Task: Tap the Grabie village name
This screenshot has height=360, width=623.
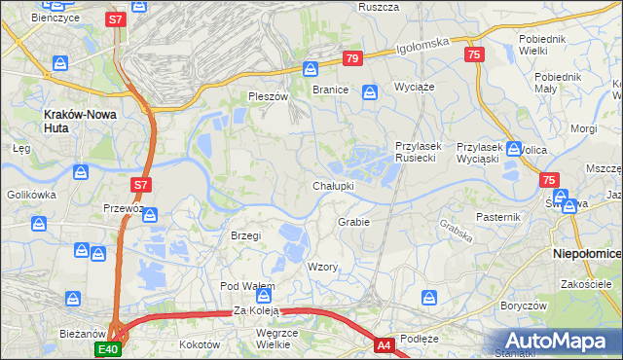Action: pos(353,222)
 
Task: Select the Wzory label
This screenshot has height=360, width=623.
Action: pos(322,267)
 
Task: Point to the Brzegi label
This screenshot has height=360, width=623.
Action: pos(245,236)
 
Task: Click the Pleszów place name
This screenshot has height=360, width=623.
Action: pos(269,97)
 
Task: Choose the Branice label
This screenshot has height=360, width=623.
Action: pos(330,89)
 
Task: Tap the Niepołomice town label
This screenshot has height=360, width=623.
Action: pos(587,253)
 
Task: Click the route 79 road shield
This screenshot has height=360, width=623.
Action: pos(352,59)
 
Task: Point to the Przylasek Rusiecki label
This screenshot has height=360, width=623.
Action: pos(419,153)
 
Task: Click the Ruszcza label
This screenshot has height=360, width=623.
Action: pos(379,7)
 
